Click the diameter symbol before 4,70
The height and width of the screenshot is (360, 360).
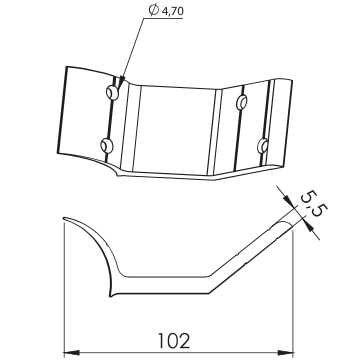[154, 10]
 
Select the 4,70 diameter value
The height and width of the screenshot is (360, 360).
[172, 11]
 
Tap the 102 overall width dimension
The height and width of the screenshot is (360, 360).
[174, 341]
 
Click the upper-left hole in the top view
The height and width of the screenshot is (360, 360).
[112, 92]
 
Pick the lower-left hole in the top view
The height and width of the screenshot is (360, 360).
[107, 146]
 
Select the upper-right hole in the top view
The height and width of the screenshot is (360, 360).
[242, 102]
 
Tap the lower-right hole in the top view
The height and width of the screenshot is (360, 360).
[263, 146]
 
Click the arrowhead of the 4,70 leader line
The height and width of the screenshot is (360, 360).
[121, 83]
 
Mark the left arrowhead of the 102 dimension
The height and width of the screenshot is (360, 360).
[71, 353]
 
